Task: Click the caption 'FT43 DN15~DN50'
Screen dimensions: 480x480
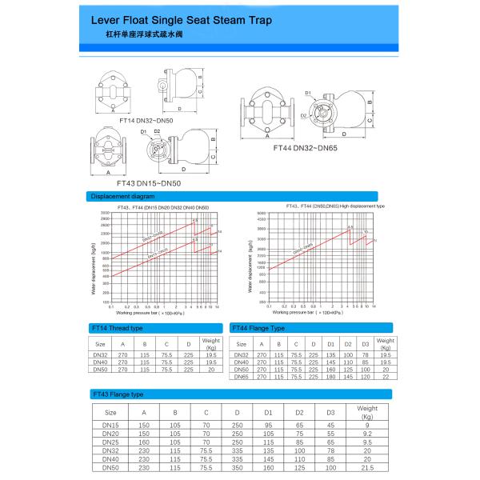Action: tap(148, 183)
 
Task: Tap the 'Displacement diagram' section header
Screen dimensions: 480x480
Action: tap(122, 195)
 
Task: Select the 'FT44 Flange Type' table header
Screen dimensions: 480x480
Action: tap(258, 328)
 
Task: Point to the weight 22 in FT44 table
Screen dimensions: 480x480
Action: tap(384, 377)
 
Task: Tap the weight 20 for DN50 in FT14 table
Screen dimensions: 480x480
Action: tap(211, 369)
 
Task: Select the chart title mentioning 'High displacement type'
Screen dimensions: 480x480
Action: tap(334, 206)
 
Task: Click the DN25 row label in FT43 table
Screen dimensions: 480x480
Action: tap(110, 442)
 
